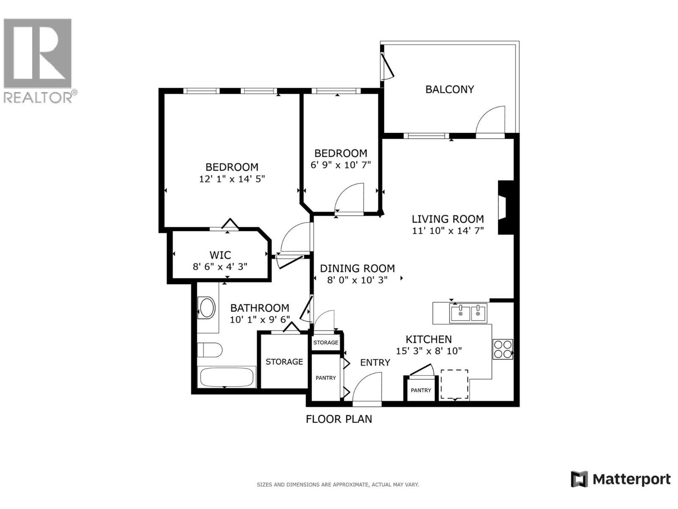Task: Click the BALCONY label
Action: pos(450,89)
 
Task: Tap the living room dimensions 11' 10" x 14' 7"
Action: pos(448,231)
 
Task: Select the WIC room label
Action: pos(220,255)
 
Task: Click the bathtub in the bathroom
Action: pos(227,377)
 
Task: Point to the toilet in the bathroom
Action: pos(209,350)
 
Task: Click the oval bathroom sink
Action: pos(207,308)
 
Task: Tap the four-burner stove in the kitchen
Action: pos(503,349)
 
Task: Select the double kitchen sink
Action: pos(469,313)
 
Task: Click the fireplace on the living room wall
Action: pos(505,207)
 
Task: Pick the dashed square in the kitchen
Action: pos(454,384)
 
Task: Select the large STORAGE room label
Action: pos(284,362)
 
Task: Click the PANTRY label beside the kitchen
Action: pos(421,391)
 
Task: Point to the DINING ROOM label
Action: pos(357,268)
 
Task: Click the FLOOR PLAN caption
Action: pos(339,419)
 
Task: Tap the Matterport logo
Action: pos(621,479)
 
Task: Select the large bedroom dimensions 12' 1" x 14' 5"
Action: pos(232,179)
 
